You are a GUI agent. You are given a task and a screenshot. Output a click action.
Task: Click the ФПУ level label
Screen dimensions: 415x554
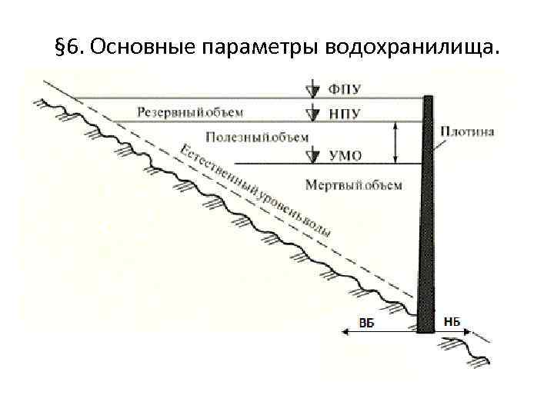(x=345, y=89)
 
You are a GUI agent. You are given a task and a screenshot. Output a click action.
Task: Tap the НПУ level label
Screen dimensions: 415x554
(x=345, y=114)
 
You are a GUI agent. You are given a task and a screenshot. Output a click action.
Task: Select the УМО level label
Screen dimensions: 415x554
(x=345, y=156)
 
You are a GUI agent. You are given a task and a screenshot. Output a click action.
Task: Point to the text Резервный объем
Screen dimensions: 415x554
(x=190, y=112)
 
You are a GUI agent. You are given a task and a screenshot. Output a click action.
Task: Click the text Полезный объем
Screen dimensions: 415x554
(x=258, y=137)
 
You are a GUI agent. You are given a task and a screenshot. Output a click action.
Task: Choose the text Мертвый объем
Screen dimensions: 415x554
(x=353, y=185)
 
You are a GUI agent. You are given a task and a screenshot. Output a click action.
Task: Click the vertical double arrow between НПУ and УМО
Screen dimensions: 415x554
(x=395, y=142)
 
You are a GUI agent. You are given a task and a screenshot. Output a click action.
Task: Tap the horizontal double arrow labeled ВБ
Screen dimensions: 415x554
(x=377, y=332)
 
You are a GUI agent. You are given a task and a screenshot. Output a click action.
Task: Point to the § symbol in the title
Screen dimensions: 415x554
(x=60, y=49)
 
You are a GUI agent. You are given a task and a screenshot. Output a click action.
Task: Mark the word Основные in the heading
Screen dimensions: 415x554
(x=143, y=49)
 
